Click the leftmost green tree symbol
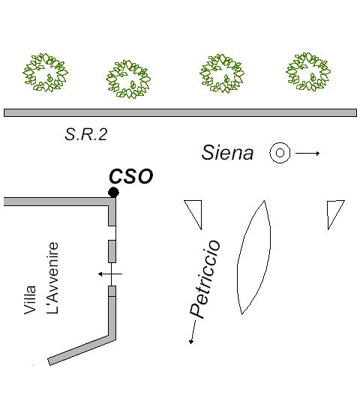click(x=45, y=73)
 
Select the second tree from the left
click(x=128, y=79)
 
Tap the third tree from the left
click(x=222, y=73)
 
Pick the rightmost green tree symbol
click(x=308, y=72)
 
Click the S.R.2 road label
click(x=85, y=134)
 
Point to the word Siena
click(x=227, y=153)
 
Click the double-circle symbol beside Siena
click(x=280, y=153)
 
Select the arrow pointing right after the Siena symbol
click(x=307, y=153)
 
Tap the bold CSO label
click(x=131, y=176)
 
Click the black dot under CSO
click(x=113, y=192)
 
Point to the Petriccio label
click(x=205, y=280)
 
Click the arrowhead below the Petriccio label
click(x=191, y=341)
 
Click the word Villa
click(x=30, y=300)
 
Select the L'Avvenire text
click(x=52, y=277)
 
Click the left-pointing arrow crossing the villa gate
click(x=110, y=274)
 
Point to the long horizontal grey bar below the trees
click(x=180, y=112)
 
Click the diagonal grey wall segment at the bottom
click(x=82, y=350)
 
